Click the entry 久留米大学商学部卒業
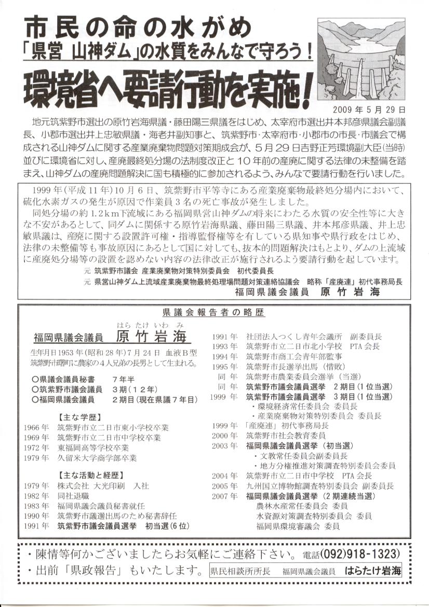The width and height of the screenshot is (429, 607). point(97,458)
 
